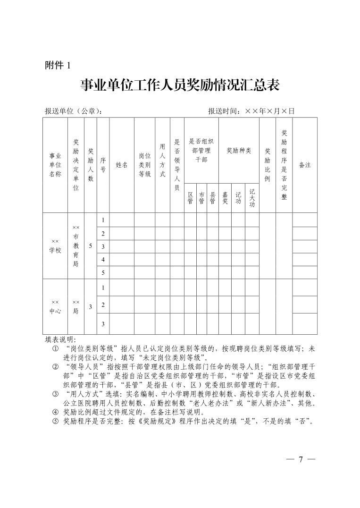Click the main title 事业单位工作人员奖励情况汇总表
(180, 85)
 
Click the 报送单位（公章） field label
(74, 111)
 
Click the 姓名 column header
(122, 165)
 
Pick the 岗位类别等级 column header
(144, 165)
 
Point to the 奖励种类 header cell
(239, 151)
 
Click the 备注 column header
(305, 165)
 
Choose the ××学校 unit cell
(55, 246)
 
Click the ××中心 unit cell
(55, 306)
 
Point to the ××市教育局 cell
(76, 246)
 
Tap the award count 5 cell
(90, 246)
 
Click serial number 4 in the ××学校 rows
(103, 260)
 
